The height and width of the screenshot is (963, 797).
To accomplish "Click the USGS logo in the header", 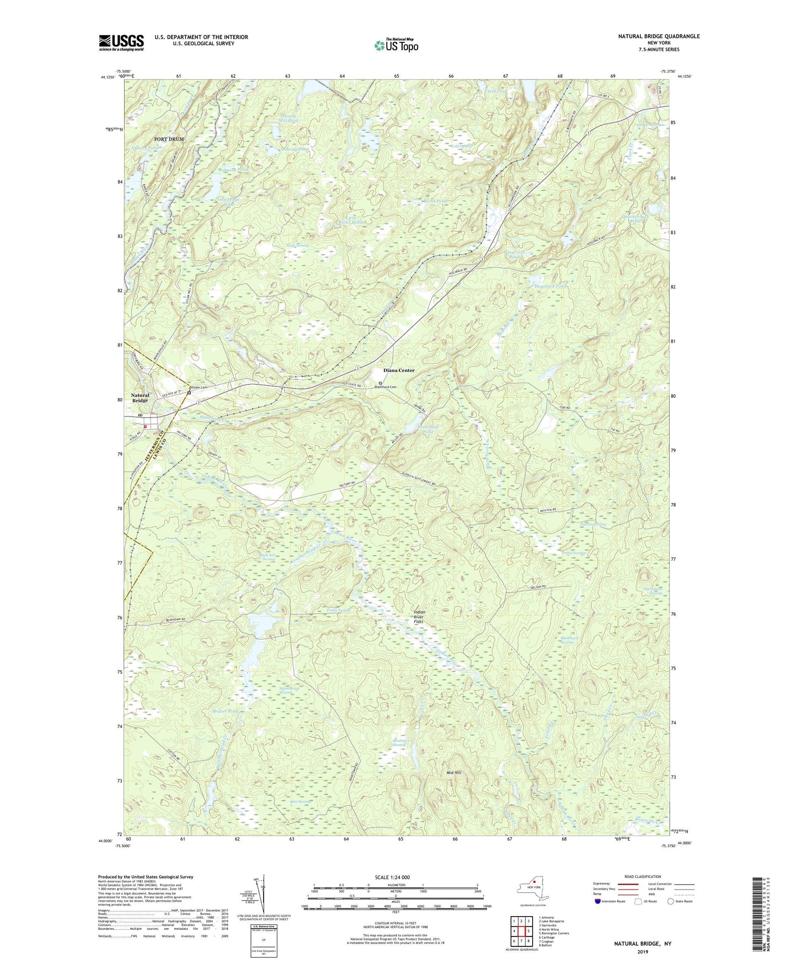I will [x=121, y=42].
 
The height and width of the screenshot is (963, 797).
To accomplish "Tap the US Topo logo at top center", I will [x=395, y=45].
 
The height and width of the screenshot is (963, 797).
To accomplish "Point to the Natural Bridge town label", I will [x=140, y=398].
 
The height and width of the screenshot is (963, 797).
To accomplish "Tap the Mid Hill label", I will [x=453, y=773].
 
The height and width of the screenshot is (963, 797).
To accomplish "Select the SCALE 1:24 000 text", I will [x=391, y=877].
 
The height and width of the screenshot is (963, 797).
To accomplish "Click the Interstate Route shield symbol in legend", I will [x=598, y=901].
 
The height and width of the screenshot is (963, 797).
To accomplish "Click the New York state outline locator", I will [x=532, y=889].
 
